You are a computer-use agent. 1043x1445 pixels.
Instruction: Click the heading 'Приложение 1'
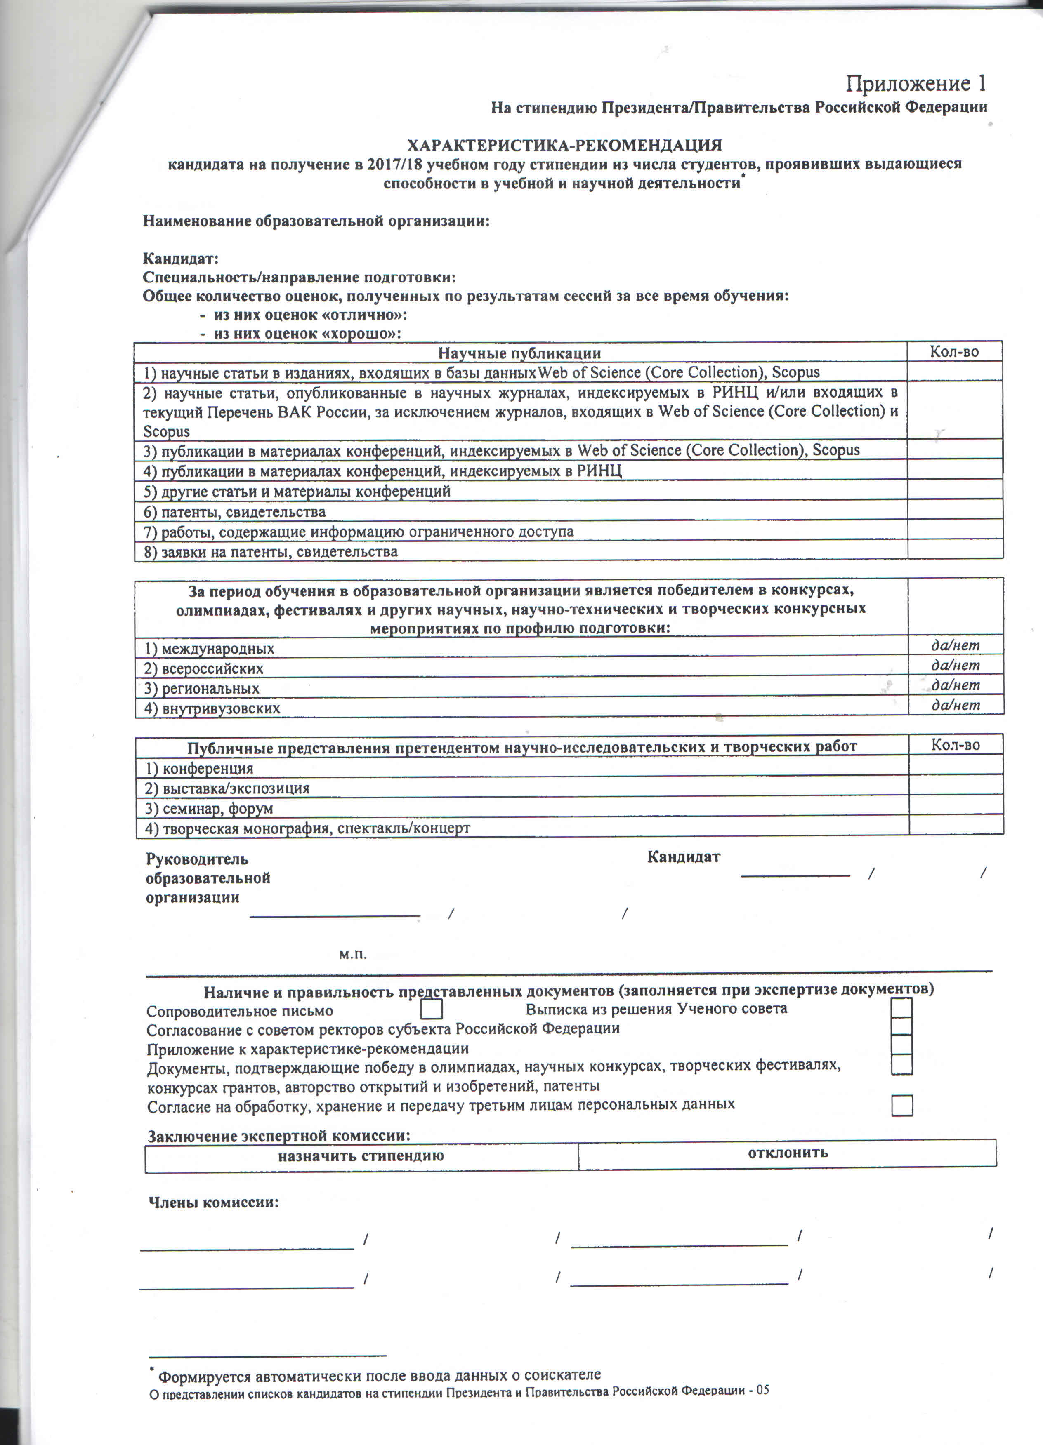pos(916,83)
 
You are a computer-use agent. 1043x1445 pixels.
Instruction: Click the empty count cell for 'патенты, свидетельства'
pos(954,510)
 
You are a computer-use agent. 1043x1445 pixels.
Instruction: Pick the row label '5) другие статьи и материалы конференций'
pos(297,491)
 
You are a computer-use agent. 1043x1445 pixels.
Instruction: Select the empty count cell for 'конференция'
pos(955,765)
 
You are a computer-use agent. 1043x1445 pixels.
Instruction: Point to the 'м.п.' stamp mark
pos(353,954)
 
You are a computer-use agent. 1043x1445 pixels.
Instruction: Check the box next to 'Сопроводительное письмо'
pos(432,1009)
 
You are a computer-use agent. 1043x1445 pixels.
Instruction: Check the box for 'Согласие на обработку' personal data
pos(901,1106)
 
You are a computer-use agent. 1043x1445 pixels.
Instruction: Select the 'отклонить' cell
pos(787,1153)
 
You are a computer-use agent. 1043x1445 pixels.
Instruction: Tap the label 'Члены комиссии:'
pos(214,1202)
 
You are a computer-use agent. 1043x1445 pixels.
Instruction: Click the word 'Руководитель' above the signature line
pos(197,859)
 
